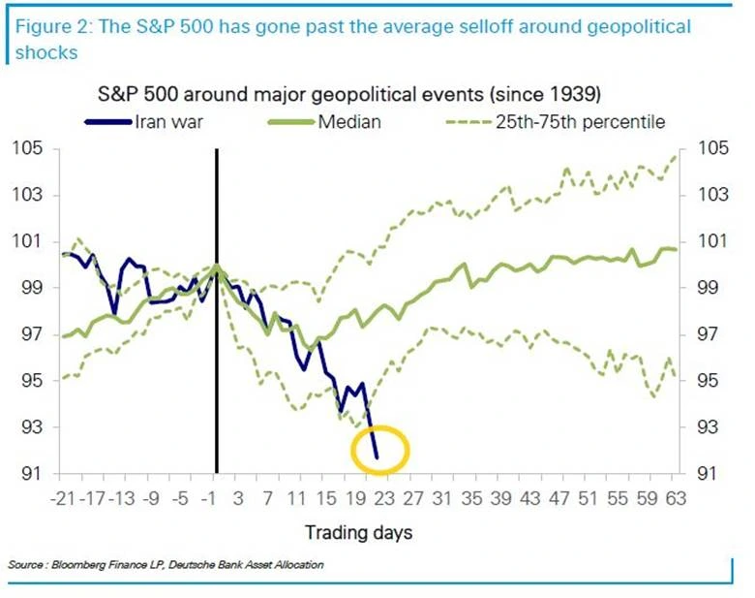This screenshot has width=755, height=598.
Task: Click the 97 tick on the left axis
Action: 33,334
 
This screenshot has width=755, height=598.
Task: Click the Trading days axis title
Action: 358,532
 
